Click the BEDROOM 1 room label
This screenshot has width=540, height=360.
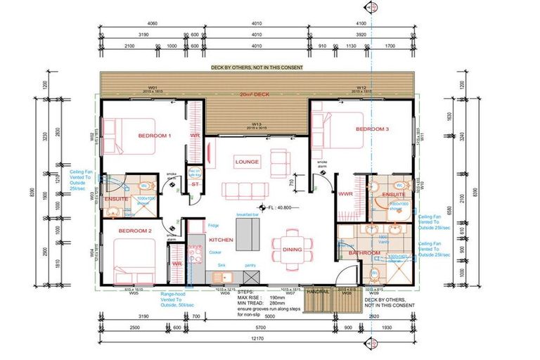click(155, 135)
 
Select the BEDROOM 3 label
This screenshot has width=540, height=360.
click(372, 129)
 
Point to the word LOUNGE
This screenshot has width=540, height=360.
click(247, 162)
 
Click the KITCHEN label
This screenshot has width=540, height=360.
click(221, 240)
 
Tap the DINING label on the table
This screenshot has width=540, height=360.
click(292, 250)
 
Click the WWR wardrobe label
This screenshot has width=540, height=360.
click(346, 193)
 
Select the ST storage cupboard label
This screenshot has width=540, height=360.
click(195, 185)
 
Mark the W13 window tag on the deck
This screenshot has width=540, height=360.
click(257, 122)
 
